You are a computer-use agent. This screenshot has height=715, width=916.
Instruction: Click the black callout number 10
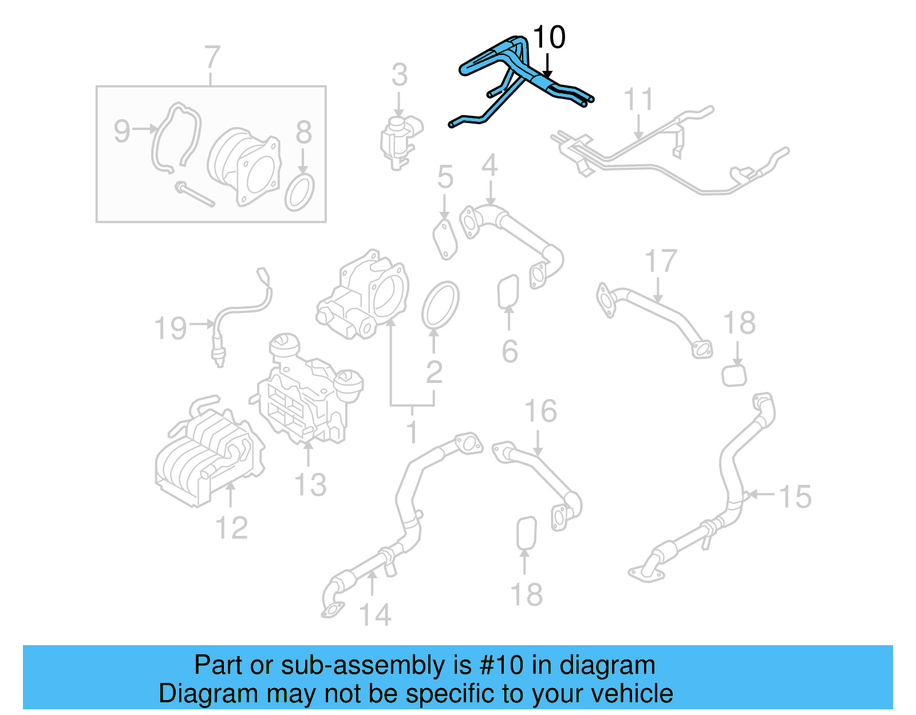coord(548,38)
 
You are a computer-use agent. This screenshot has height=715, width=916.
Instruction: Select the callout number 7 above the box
coord(212,57)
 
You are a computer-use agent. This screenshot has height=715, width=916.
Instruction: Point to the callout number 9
coord(122,131)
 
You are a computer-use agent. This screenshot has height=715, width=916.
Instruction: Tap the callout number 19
coord(171,329)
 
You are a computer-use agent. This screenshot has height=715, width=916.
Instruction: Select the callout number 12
coord(231,527)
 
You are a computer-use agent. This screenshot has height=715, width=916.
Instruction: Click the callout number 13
coord(310,484)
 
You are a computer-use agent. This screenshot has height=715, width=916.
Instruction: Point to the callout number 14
coord(375,615)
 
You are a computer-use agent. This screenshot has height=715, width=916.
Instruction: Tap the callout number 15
coord(795,496)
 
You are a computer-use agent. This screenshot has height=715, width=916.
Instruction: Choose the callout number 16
coord(540,411)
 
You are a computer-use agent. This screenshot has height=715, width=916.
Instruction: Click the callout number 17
coord(661,261)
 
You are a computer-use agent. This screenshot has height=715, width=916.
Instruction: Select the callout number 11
coord(638,100)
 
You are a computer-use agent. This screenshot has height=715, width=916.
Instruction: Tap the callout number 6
coord(510,351)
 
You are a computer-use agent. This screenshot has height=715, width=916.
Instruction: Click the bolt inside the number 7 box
coord(195,195)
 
